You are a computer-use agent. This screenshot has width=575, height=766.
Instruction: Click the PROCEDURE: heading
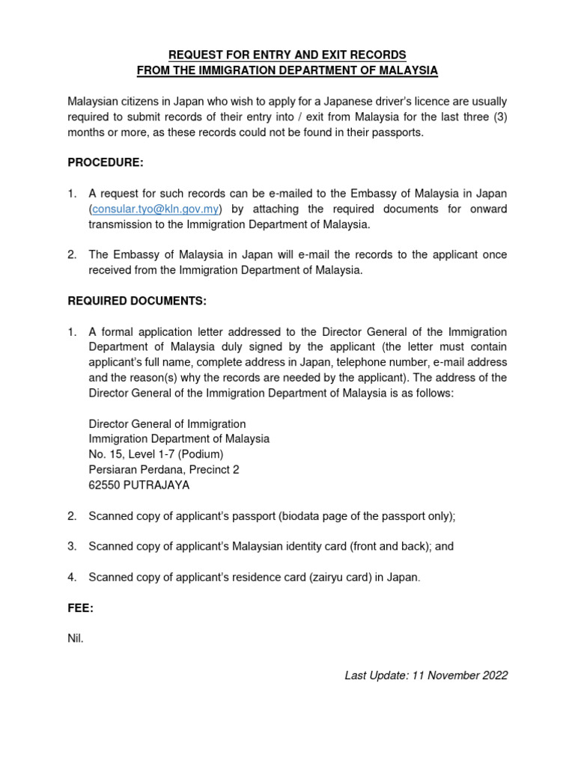[x=106, y=163]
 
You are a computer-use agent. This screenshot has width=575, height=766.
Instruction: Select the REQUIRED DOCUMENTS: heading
[x=136, y=301]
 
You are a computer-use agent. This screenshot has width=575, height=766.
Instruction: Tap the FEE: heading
[x=81, y=608]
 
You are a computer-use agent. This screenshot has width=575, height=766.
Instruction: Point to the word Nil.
[x=76, y=640]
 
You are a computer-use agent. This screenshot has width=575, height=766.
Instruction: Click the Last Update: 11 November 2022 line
[x=426, y=675]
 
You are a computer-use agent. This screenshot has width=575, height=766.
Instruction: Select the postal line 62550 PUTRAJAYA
[x=139, y=485]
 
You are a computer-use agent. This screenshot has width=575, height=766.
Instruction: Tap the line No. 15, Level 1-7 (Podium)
[x=156, y=454]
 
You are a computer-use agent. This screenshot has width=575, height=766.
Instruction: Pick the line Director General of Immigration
[x=167, y=424]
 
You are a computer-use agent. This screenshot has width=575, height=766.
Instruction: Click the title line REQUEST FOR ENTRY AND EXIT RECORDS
[x=287, y=55]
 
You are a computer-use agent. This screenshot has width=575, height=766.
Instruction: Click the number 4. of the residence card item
[x=73, y=577]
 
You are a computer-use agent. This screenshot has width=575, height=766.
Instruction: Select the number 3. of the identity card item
[x=73, y=546]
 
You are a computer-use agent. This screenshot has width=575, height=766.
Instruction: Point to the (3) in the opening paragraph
[x=498, y=117]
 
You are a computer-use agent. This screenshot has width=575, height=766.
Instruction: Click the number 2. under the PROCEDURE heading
[x=73, y=255]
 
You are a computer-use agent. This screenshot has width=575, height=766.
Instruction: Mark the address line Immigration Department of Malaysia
[x=179, y=439]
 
